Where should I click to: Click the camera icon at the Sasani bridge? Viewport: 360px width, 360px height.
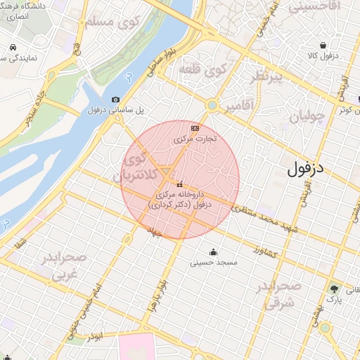(x=115, y=100)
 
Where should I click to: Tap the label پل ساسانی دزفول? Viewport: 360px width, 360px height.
(x=115, y=110)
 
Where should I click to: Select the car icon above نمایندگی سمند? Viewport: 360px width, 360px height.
(x=13, y=48)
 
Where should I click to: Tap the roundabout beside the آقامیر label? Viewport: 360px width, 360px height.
(x=211, y=105)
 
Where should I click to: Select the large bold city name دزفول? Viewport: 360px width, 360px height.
(x=308, y=169)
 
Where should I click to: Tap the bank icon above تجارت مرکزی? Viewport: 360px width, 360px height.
(x=195, y=128)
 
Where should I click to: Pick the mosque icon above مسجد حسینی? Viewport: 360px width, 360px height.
(x=213, y=252)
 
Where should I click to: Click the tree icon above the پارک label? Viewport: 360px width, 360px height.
(x=335, y=288)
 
